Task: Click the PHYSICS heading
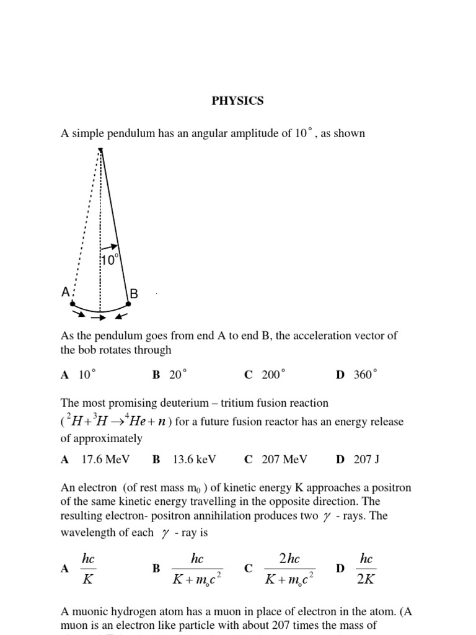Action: (x=237, y=100)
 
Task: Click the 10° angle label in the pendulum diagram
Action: (x=109, y=260)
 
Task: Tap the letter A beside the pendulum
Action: (x=65, y=291)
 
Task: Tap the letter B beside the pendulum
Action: (x=133, y=293)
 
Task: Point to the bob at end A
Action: (x=73, y=304)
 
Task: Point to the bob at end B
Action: (x=129, y=304)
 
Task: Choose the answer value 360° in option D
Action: (x=365, y=375)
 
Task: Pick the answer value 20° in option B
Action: (x=178, y=375)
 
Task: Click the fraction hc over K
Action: (x=88, y=569)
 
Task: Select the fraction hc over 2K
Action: (x=366, y=569)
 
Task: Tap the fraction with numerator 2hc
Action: (x=289, y=569)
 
